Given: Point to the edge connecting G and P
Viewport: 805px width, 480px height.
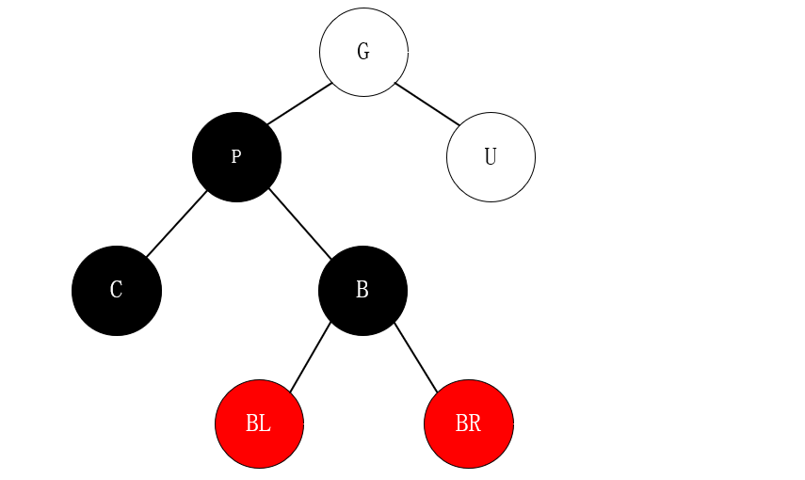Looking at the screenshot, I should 299,104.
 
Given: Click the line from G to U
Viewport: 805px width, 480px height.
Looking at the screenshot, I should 427,104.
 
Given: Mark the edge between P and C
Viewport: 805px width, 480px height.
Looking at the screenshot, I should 176,223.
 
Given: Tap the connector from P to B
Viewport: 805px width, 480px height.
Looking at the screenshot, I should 299,223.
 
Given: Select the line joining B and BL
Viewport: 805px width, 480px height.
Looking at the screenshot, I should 310,357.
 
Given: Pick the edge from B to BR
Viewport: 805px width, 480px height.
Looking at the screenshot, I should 416,357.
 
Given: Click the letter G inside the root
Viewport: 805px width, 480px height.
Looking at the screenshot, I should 363,52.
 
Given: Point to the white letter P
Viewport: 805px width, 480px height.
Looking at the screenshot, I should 236,157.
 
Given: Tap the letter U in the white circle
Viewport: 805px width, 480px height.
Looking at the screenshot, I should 491,157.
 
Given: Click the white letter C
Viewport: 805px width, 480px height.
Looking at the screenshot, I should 117,290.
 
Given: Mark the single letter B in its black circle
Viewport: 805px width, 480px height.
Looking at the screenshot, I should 362,290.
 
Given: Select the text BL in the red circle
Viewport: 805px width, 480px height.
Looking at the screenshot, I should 259,424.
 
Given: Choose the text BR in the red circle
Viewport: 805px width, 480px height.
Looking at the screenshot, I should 468,424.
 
